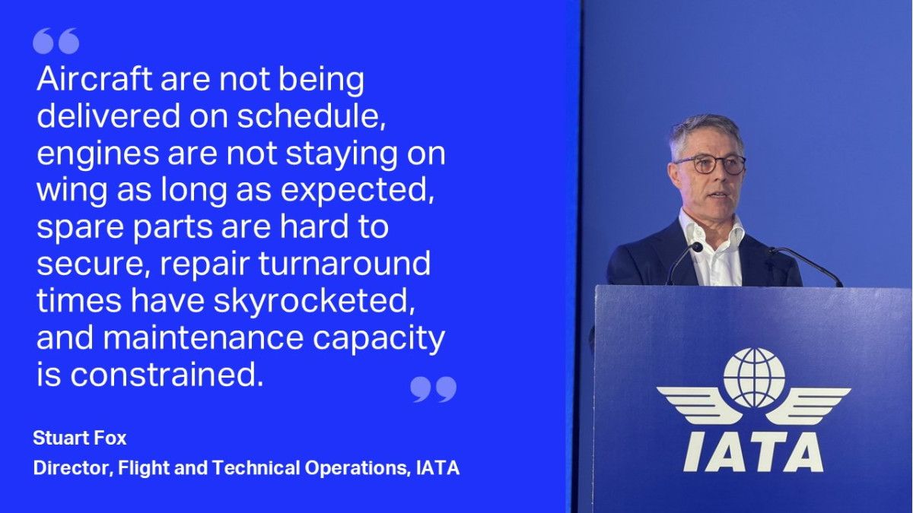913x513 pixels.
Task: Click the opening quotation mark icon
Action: [x=56, y=41]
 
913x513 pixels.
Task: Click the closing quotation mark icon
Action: [x=433, y=389]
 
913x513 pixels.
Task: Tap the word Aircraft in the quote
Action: [x=94, y=79]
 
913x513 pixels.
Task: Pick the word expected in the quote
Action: [x=358, y=190]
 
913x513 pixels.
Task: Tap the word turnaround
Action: [x=345, y=264]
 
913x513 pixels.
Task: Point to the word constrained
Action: [x=167, y=375]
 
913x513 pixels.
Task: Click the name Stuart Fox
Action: [x=80, y=438]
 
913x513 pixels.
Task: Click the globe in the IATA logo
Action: [x=754, y=378]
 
